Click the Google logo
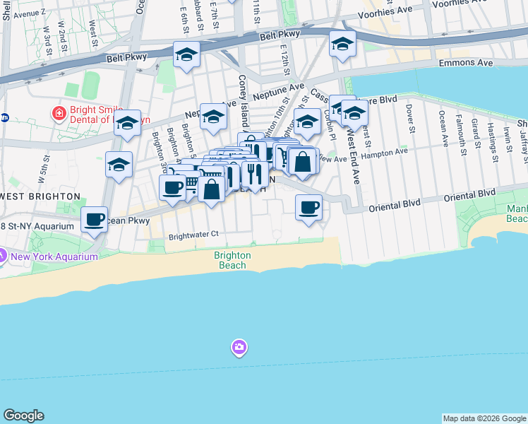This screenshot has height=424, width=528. (23, 416)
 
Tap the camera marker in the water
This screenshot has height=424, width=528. (239, 347)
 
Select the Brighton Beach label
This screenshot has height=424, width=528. (232, 260)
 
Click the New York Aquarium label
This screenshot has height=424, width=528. (54, 257)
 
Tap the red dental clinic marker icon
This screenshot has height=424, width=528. (59, 112)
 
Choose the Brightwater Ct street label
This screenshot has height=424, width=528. (194, 235)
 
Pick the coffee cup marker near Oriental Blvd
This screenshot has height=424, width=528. (308, 208)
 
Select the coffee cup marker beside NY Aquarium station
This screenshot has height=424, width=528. (95, 220)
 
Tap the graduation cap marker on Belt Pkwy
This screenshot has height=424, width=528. (187, 55)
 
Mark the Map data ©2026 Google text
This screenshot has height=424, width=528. (484, 418)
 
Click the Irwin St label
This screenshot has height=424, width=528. (507, 139)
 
